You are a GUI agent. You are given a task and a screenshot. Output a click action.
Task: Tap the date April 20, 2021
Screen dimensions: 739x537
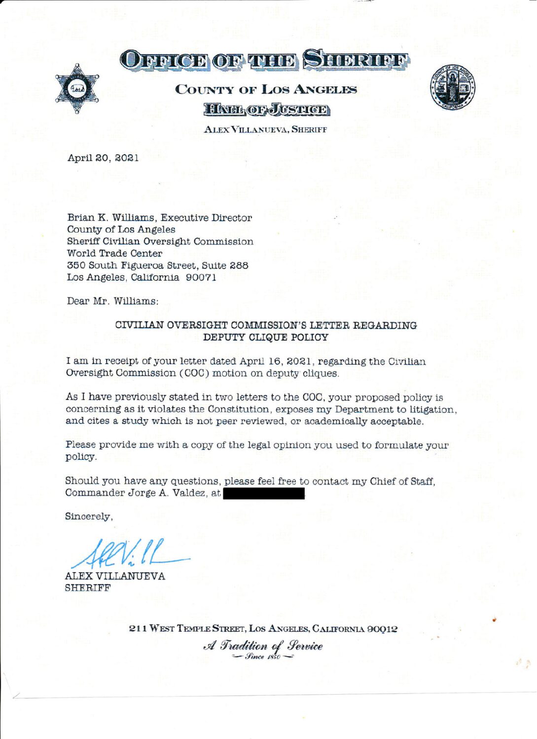click(103, 158)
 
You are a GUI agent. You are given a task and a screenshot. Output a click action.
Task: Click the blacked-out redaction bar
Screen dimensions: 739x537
click(264, 493)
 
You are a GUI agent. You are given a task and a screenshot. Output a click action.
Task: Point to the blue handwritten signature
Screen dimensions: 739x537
click(128, 554)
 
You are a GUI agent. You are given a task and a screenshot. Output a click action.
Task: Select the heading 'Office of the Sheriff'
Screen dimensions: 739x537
click(265, 60)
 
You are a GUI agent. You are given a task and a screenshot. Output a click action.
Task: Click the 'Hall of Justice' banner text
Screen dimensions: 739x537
click(266, 109)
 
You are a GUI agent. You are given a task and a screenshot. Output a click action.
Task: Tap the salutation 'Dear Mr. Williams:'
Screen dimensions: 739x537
click(113, 301)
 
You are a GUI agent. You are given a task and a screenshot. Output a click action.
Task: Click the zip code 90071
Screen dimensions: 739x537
click(201, 277)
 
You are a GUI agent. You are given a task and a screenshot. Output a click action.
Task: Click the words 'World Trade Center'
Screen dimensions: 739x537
click(114, 253)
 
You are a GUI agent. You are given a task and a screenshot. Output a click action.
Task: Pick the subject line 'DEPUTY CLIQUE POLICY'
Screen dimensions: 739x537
click(265, 337)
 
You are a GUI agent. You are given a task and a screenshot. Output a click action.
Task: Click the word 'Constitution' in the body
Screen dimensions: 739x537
click(238, 409)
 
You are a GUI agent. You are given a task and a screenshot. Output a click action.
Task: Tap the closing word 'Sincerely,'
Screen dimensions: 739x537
click(89, 517)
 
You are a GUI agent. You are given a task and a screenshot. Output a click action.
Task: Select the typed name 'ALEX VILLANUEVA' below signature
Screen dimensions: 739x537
click(115, 576)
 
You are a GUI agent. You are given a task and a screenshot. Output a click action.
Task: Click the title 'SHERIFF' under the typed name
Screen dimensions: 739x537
click(88, 588)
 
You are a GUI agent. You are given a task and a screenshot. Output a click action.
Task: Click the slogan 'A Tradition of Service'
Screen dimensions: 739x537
click(263, 646)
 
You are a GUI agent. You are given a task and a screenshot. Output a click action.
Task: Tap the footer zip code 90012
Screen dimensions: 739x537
click(382, 629)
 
